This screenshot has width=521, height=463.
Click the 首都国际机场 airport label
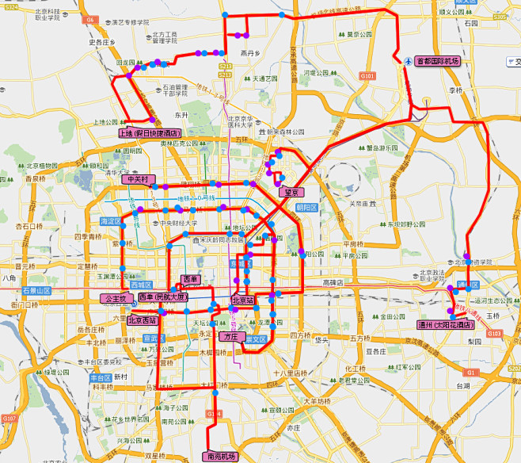(437, 61)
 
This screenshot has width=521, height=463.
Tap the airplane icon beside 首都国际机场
(407, 61)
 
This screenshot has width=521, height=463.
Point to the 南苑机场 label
(221, 457)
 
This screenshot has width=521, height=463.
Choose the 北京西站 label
(142, 320)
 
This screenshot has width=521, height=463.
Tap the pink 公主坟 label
(112, 298)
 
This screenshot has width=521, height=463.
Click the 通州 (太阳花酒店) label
(446, 324)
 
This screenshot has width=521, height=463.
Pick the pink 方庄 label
(230, 337)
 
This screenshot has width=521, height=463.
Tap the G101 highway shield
(367, 75)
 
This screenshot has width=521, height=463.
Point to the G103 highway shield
(495, 334)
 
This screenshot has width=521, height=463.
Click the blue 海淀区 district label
(111, 221)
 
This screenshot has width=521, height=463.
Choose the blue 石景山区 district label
(36, 291)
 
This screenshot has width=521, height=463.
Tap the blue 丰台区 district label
(101, 377)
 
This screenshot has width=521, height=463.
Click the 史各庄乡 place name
(102, 42)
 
